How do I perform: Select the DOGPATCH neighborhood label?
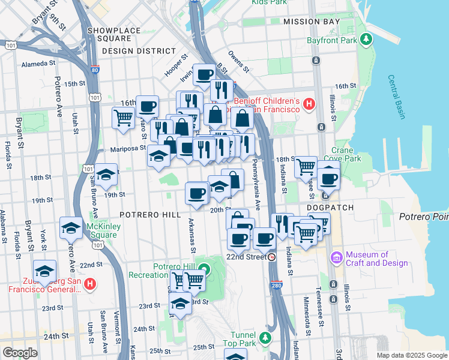tap(330, 208)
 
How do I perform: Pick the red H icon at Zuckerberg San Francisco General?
tap(89, 284)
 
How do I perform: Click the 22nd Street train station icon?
tap(272, 257)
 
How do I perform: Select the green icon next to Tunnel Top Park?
tap(265, 341)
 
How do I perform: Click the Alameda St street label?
tap(38, 62)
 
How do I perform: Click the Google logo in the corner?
tap(20, 353)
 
